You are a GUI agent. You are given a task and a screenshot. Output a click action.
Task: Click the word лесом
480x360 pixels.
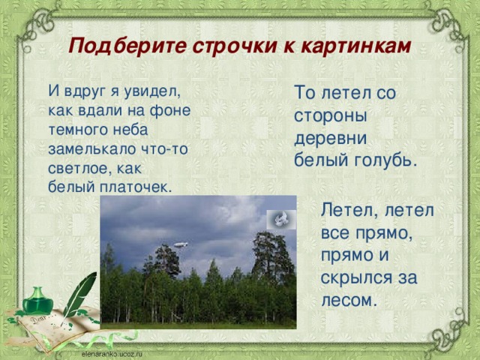346,300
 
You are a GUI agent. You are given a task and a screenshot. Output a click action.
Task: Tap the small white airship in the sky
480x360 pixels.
180,244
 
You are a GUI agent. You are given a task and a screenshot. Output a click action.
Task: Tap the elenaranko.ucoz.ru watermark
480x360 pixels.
112,352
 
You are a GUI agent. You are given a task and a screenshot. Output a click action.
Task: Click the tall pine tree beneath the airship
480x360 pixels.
167,262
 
